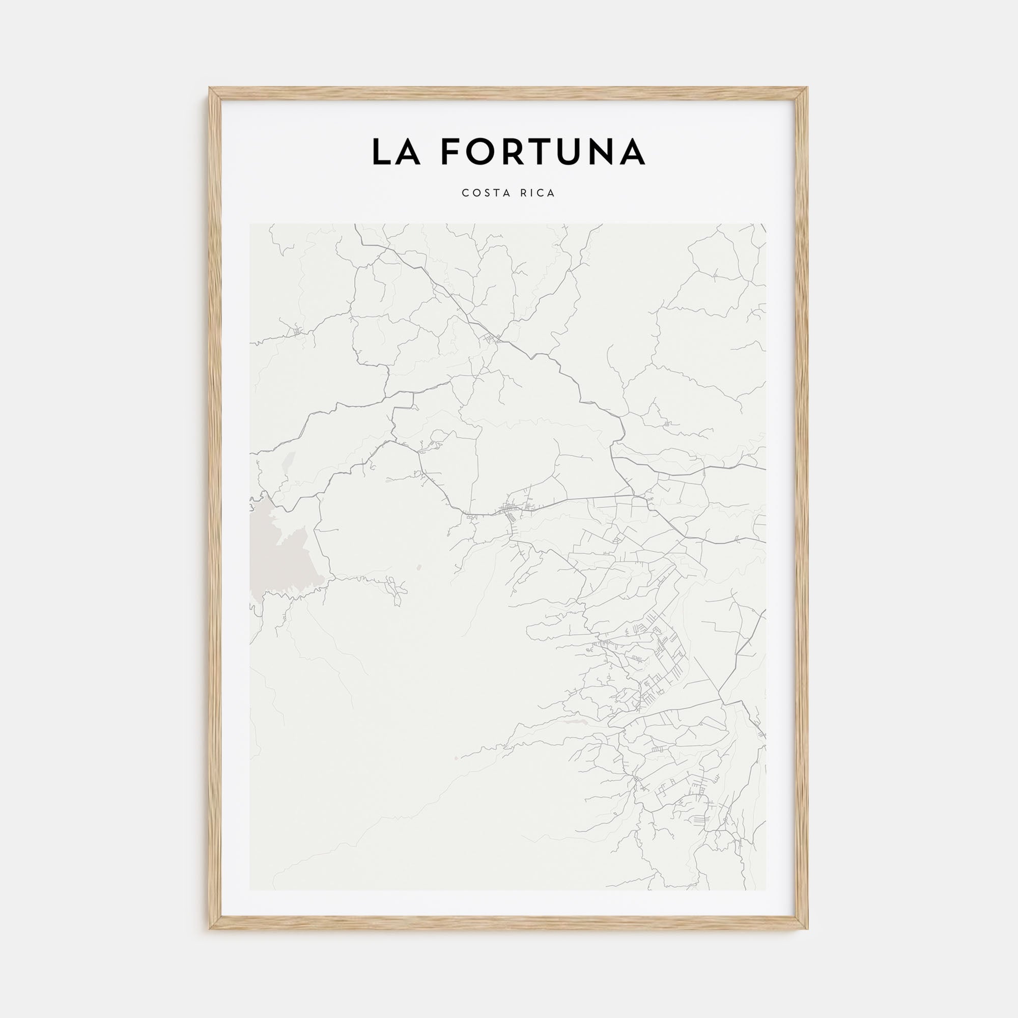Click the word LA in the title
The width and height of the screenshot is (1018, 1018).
tap(395, 152)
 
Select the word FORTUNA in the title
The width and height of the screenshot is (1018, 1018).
tap(543, 152)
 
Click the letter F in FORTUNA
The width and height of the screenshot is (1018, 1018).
tap(451, 152)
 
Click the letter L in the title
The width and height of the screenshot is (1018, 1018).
tap(381, 152)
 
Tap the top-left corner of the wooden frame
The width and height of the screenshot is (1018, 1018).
tap(210, 89)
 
